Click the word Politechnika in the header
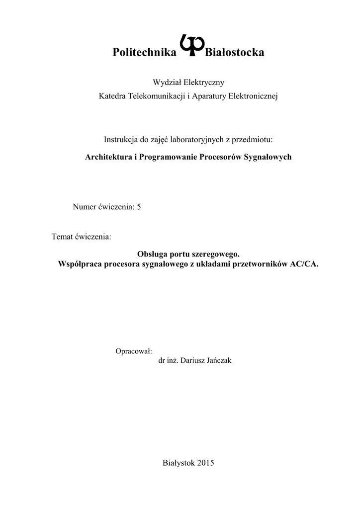145,52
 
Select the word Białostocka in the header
235,52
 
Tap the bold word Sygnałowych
270,157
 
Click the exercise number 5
139,207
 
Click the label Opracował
133,351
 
